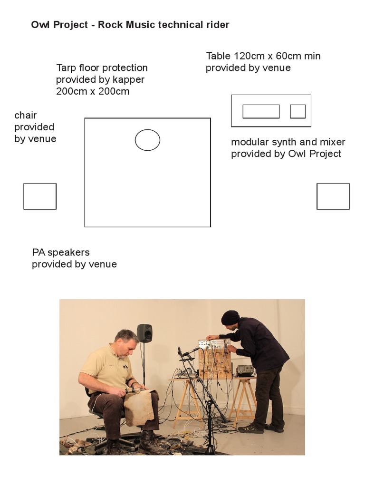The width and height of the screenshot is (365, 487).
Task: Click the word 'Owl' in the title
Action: tap(40, 25)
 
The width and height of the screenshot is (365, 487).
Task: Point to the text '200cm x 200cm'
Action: tap(93, 91)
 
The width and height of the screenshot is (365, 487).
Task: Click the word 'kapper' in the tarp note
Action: tap(128, 80)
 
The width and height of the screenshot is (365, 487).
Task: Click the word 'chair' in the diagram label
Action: tap(26, 115)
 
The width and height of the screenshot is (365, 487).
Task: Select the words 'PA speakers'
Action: tap(61, 253)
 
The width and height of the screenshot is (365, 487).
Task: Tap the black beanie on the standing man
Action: tap(231, 317)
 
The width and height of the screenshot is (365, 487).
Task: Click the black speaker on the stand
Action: tap(144, 333)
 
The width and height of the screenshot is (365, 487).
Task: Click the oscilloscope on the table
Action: tap(245, 370)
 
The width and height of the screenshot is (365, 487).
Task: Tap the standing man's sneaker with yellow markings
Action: tap(251, 428)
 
